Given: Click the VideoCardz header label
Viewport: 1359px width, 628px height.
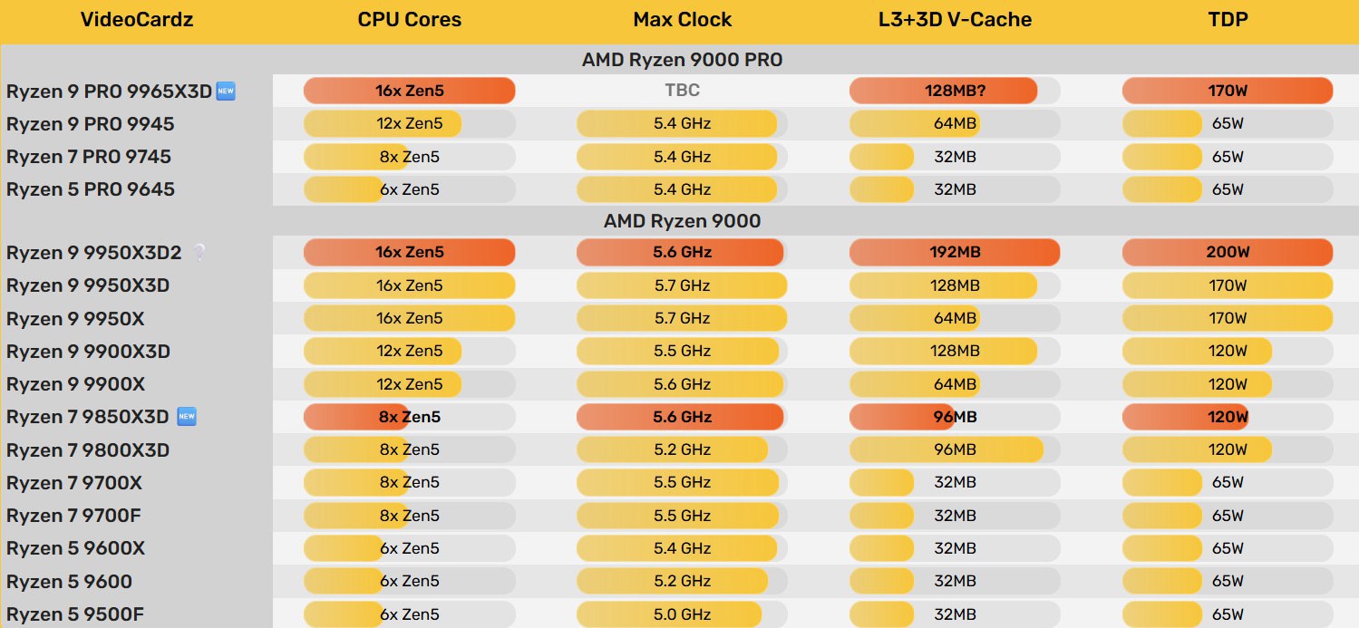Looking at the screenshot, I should click(x=136, y=20).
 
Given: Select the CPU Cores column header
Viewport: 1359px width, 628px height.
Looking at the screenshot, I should click(x=409, y=20).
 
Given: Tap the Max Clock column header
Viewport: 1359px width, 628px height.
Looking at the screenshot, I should click(x=682, y=20).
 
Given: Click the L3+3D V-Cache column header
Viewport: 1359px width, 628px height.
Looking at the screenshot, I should click(x=955, y=20).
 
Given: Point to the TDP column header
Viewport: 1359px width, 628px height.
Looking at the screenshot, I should click(x=1228, y=20).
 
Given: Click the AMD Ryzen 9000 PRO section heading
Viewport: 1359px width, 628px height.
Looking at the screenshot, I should click(x=682, y=60).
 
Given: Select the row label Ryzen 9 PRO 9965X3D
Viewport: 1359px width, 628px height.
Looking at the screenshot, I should click(x=109, y=92).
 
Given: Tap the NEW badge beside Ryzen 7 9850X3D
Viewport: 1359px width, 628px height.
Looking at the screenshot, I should click(x=187, y=417).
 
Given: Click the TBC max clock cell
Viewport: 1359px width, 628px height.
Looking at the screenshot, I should click(x=682, y=91).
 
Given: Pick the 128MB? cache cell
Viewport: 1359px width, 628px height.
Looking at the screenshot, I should click(x=955, y=91).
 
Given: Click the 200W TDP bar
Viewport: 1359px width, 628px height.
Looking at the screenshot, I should click(x=1228, y=252).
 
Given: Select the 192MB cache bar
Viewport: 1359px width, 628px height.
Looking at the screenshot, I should click(x=955, y=252).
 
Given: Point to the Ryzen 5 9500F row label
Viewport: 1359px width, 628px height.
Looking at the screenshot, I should click(x=75, y=614).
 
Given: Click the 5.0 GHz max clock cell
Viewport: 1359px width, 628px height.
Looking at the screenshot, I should click(x=682, y=614).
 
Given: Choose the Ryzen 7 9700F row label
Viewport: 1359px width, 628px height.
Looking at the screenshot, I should click(x=73, y=516).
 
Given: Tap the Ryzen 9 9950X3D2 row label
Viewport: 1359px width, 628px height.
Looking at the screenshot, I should click(x=94, y=253).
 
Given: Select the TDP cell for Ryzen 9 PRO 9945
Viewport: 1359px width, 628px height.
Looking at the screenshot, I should click(x=1228, y=123).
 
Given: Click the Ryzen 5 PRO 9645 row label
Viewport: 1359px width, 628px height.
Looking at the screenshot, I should click(x=91, y=189).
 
